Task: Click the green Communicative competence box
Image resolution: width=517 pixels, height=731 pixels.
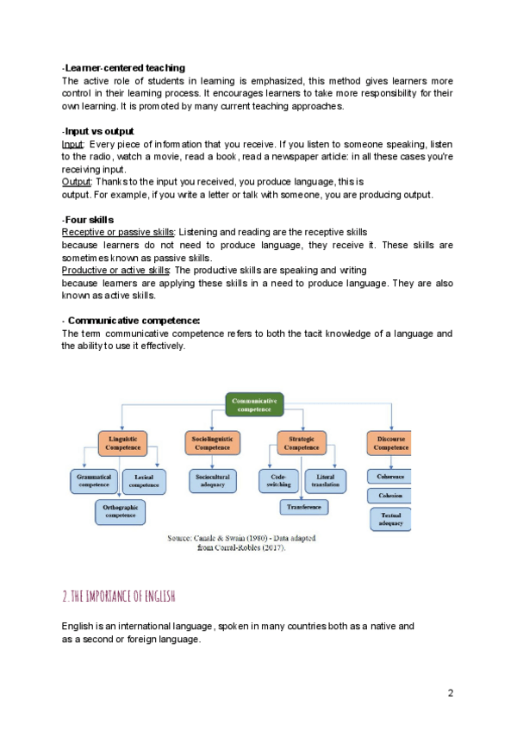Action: click(x=254, y=405)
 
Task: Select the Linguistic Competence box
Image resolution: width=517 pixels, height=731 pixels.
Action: click(x=123, y=443)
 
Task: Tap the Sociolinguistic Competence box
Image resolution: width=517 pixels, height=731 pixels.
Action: click(x=212, y=443)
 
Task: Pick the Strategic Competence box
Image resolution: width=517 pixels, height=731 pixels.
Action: click(x=301, y=443)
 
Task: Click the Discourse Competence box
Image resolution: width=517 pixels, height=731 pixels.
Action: click(x=390, y=443)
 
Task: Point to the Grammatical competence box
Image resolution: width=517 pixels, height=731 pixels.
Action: click(x=95, y=480)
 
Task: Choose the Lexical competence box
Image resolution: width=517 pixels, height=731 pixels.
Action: click(x=145, y=480)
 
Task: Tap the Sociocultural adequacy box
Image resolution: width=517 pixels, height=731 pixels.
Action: click(x=212, y=480)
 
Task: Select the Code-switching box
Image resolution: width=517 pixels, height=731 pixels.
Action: click(x=278, y=480)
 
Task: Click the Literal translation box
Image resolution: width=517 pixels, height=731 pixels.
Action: click(x=326, y=480)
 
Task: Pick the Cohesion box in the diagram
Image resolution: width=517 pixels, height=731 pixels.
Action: click(x=389, y=496)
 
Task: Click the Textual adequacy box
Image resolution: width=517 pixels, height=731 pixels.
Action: click(x=390, y=519)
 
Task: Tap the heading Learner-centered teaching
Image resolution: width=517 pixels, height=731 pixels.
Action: click(x=125, y=67)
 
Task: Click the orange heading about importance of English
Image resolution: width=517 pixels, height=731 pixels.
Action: click(x=119, y=596)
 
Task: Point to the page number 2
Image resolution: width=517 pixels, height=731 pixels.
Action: click(x=450, y=693)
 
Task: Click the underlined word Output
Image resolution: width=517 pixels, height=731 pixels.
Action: click(x=77, y=182)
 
